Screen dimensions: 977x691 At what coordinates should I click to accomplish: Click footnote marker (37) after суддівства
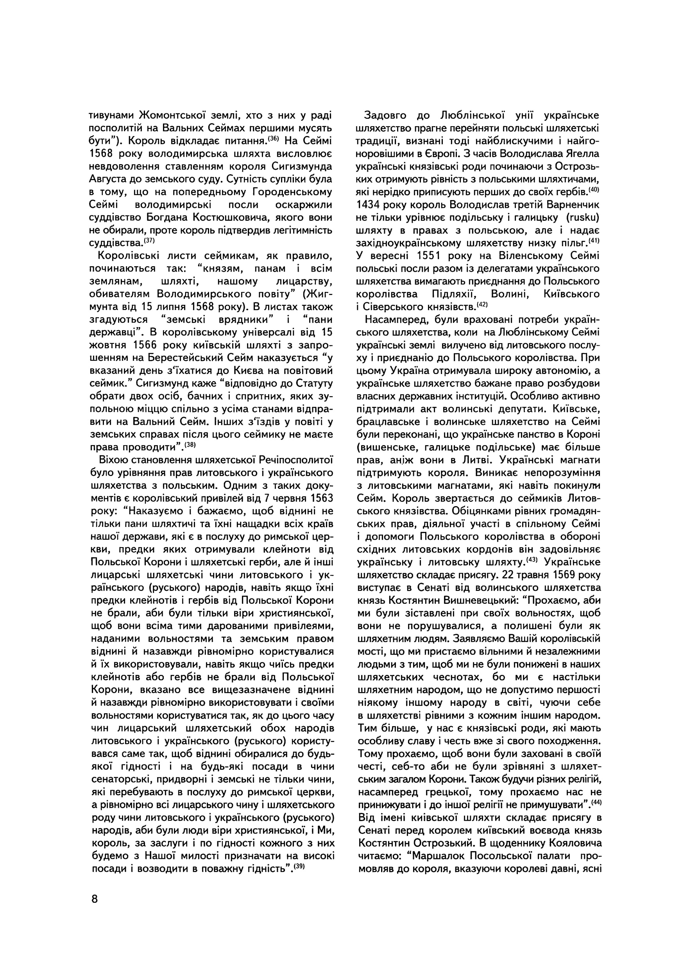(x=149, y=240)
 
